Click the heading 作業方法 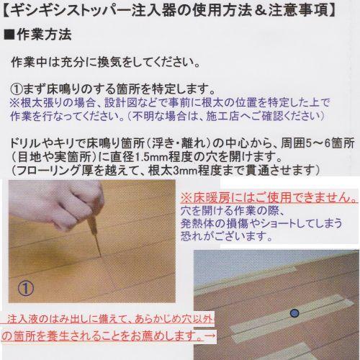click(45, 33)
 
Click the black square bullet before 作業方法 click(9, 33)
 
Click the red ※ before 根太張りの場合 click(14, 103)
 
